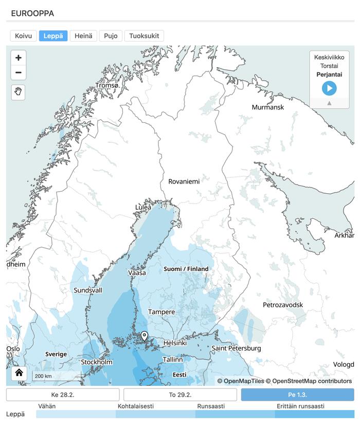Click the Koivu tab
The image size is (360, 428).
(x=24, y=36)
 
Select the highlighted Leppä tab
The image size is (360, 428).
(x=53, y=36)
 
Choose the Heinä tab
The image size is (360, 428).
(x=83, y=36)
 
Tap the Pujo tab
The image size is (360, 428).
(x=111, y=36)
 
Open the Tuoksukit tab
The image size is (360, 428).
(x=144, y=36)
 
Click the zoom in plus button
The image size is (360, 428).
(x=19, y=58)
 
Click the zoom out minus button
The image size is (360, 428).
(x=19, y=72)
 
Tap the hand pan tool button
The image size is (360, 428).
(x=19, y=92)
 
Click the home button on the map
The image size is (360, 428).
(x=19, y=373)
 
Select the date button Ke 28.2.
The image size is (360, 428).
(x=63, y=395)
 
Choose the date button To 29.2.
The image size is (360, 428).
(x=180, y=395)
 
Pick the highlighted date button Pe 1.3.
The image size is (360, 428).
(x=297, y=395)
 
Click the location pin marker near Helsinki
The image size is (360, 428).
(x=145, y=336)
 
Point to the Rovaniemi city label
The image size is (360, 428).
(x=184, y=181)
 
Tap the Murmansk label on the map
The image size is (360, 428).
(x=267, y=107)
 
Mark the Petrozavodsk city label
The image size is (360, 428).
(x=283, y=305)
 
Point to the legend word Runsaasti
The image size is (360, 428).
(x=210, y=406)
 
